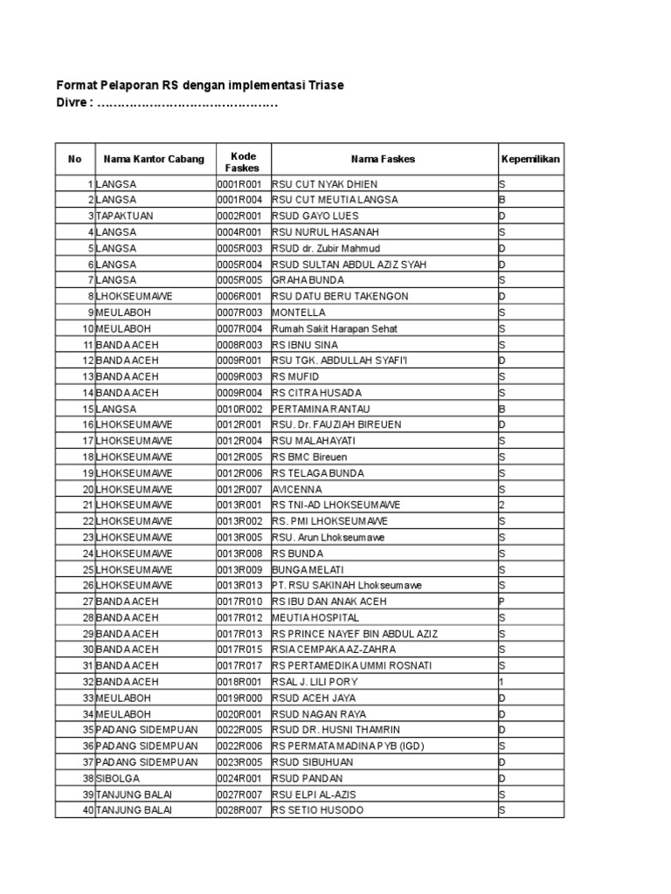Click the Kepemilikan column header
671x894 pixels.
(x=530, y=159)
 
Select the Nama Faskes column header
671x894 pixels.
(x=383, y=159)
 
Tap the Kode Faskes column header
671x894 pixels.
(x=242, y=160)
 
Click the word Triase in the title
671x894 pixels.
(x=325, y=85)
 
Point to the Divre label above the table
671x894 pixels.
(x=73, y=103)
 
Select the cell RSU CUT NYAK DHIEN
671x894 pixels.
(x=324, y=184)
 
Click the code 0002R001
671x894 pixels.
(x=239, y=216)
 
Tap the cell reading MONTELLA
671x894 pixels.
(x=299, y=313)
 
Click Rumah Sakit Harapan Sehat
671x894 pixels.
(x=335, y=328)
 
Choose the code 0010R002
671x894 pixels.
(x=239, y=409)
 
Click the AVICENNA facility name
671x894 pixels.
(x=297, y=489)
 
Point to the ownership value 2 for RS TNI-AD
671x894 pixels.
(x=502, y=505)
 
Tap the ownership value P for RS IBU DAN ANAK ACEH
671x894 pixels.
(x=502, y=602)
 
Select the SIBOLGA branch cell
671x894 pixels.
(x=118, y=778)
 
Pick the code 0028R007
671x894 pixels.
(x=239, y=810)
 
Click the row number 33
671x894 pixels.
(x=87, y=698)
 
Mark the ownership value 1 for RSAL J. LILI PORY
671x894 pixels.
(x=502, y=682)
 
